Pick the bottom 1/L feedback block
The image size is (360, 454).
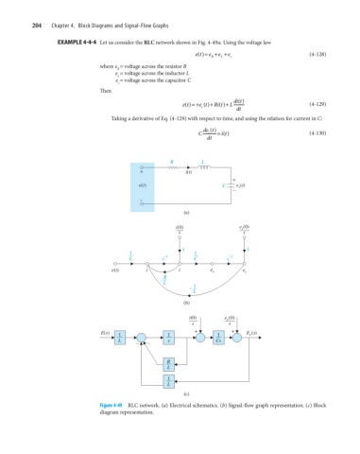point(168,380)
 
